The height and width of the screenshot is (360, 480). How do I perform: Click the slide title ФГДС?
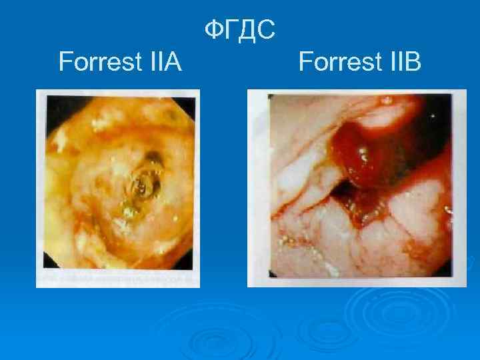tap(239, 30)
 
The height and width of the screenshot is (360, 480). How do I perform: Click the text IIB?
tap(401, 63)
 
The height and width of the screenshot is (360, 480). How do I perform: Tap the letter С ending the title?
tap(265, 30)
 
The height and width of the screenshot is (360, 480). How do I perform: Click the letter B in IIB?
tap(413, 63)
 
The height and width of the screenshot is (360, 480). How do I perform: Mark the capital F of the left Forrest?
tap(65, 63)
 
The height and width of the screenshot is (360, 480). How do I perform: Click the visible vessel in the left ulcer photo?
tap(142, 184)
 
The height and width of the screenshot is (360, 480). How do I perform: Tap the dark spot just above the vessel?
tap(154, 158)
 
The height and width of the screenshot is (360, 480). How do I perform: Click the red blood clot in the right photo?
tap(353, 157)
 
